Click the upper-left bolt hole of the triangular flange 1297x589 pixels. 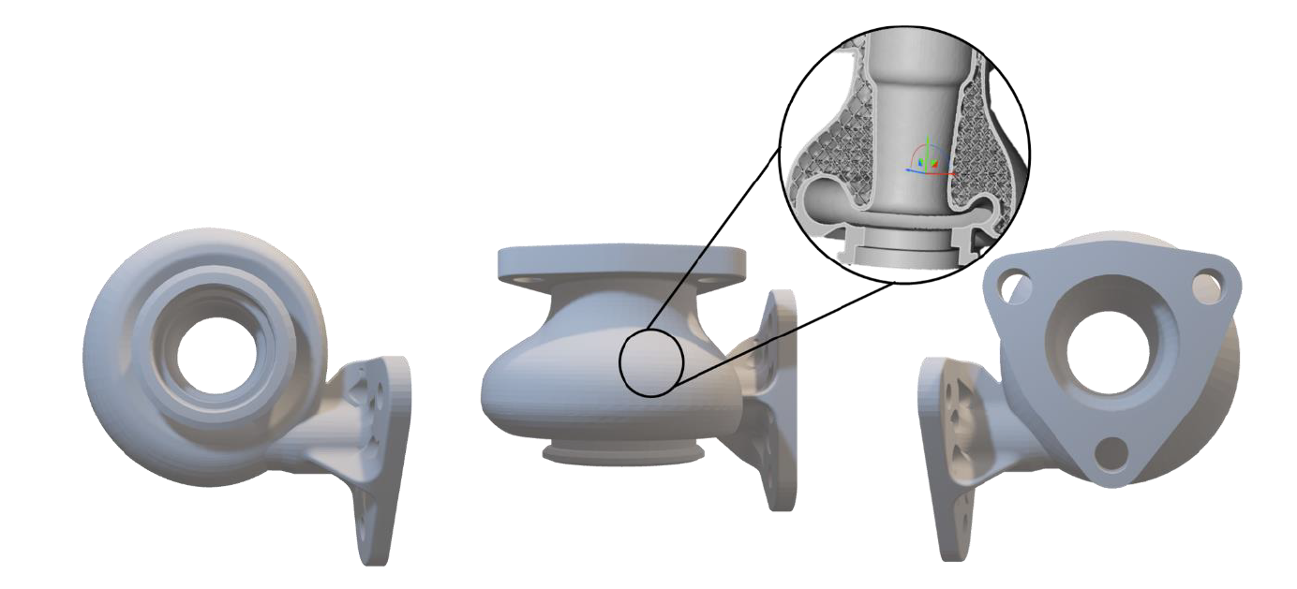coord(1011,285)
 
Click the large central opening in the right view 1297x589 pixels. coord(1112,360)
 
